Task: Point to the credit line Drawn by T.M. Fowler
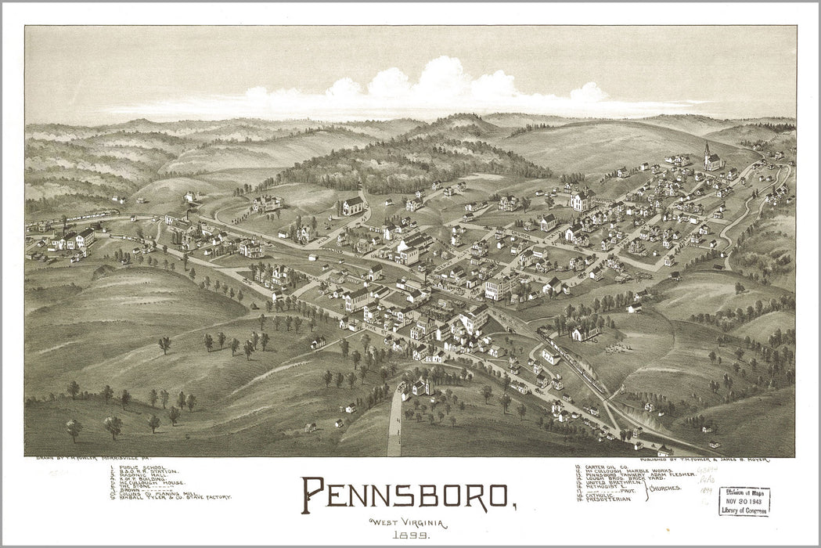(86, 460)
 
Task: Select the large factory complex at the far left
(74, 239)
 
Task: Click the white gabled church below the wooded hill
(353, 206)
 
